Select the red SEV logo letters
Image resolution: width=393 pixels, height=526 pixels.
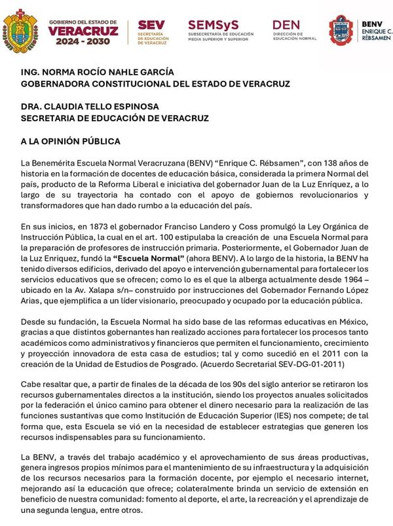pyautogui.click(x=151, y=25)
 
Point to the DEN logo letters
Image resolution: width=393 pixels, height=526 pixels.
pyautogui.click(x=286, y=24)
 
